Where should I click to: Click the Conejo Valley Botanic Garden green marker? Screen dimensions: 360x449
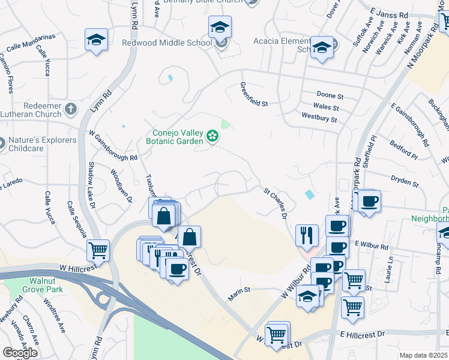point(212,137)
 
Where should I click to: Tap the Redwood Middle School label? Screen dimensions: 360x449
point(167,43)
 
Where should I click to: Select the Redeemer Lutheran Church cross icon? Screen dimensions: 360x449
point(71,109)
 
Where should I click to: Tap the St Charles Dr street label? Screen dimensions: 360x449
point(276,203)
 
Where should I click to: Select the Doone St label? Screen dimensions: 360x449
point(330,96)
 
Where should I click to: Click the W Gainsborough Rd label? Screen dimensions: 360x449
point(113,146)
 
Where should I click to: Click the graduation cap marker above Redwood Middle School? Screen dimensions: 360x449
point(220,27)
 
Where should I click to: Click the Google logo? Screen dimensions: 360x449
point(20,353)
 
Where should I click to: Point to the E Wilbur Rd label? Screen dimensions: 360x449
point(372,245)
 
